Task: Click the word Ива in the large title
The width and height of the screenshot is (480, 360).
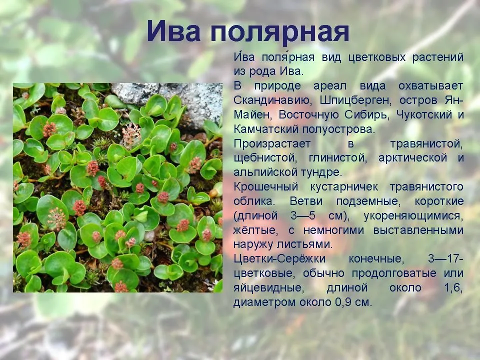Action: coord(174,31)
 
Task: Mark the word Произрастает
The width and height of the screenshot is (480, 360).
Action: coord(272,144)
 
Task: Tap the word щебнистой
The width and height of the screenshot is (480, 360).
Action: coord(265,158)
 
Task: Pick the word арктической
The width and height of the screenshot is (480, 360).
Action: coord(413,158)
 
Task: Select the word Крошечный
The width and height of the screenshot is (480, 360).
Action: coord(265,187)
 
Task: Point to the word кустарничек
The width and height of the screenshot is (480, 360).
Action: coord(344,187)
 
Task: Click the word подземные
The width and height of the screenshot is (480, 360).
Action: coord(367,201)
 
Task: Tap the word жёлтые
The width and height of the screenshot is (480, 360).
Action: coord(255,230)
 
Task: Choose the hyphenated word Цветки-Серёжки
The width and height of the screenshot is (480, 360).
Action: coord(279,259)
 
